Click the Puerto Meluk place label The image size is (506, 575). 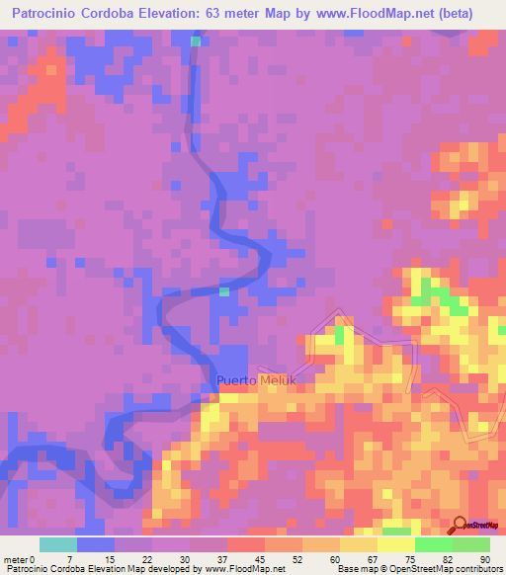pos(256,379)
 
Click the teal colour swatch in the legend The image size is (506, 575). pos(57,544)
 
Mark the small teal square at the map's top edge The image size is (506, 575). pos(196,41)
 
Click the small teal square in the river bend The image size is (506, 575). pos(224,291)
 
